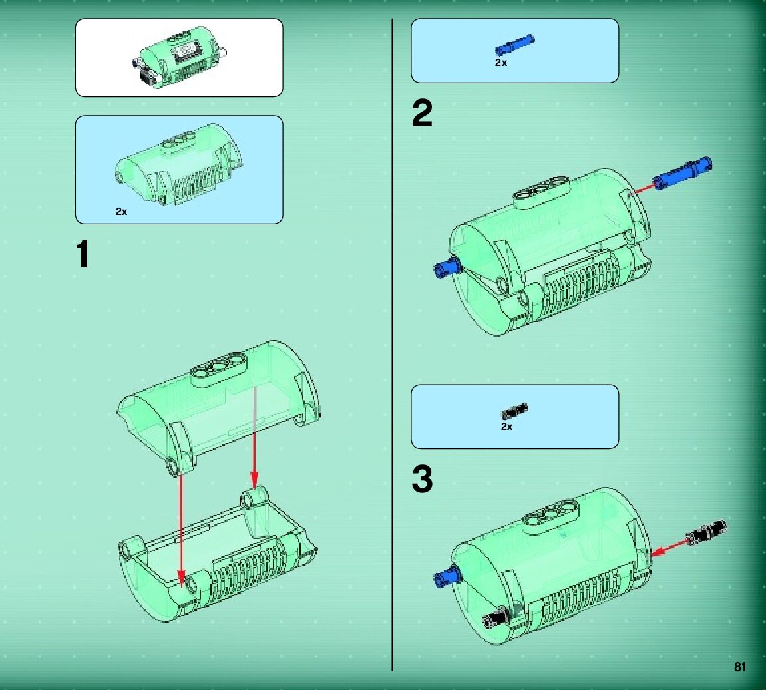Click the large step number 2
click(x=422, y=113)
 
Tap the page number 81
click(x=739, y=667)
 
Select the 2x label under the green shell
click(x=121, y=212)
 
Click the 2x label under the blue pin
click(x=500, y=63)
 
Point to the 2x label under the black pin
click(x=506, y=427)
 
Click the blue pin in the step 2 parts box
click(x=515, y=45)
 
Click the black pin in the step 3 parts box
click(x=515, y=411)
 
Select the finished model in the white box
click(x=179, y=60)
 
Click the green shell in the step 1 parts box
click(x=179, y=164)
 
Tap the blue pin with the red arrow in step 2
click(x=683, y=173)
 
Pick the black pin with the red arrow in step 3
click(x=706, y=533)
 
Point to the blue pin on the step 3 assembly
click(x=447, y=576)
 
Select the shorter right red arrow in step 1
click(x=254, y=437)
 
